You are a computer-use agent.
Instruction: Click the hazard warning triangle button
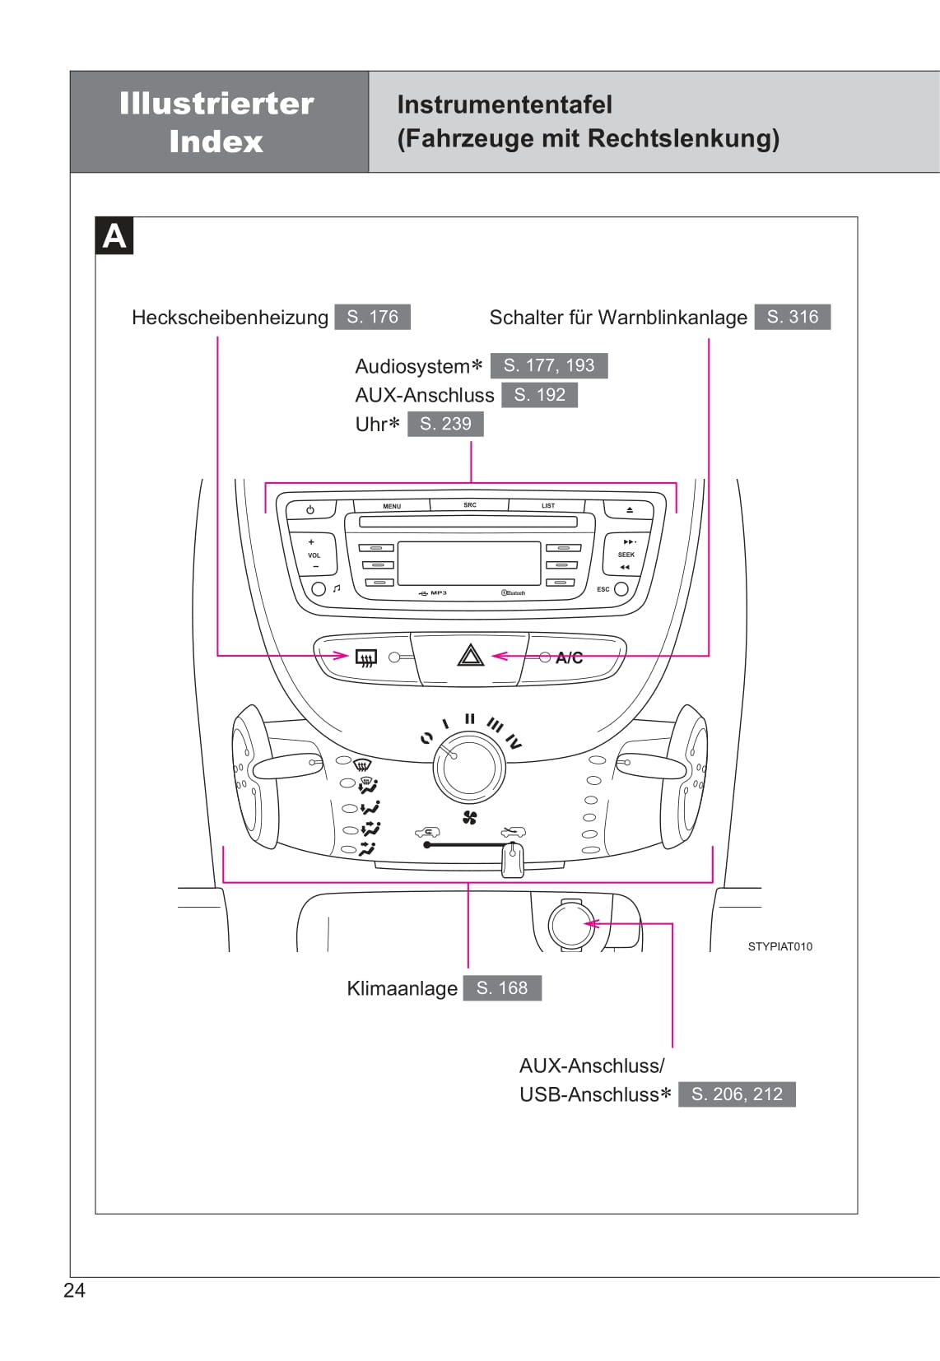coord(470,657)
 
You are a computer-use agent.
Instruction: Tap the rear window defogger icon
coord(365,657)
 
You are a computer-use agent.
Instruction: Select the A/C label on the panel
coord(569,657)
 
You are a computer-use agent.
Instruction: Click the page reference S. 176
coord(372,317)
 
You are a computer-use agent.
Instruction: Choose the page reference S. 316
coord(792,317)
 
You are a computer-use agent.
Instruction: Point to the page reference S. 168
coord(501,987)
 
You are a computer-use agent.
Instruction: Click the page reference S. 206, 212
coord(737,1094)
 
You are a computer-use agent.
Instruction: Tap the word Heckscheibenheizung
coord(230,318)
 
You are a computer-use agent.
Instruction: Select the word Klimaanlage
coord(402,988)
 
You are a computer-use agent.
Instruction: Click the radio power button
coord(310,510)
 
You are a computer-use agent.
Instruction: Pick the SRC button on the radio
coord(469,505)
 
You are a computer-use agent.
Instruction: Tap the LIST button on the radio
coord(548,506)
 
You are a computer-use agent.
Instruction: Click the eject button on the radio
coord(630,510)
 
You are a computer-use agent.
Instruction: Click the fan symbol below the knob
coord(470,817)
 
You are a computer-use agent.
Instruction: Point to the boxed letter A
coord(114,236)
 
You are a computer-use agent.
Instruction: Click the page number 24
coord(74,1290)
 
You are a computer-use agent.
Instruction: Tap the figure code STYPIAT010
coord(779,946)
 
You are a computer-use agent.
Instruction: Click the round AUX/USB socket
coord(570,924)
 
